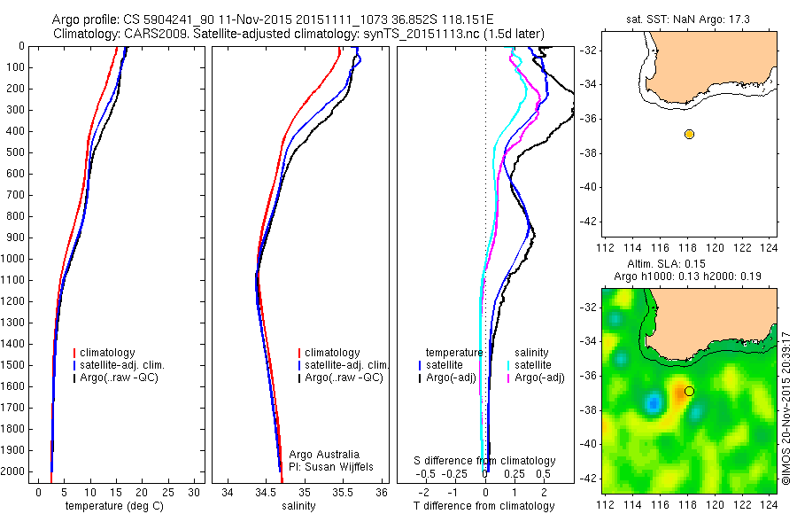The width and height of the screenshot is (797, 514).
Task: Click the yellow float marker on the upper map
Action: (x=689, y=134)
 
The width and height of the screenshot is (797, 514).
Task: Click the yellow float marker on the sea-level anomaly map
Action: (x=689, y=391)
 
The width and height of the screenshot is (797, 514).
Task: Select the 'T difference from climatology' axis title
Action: (x=485, y=506)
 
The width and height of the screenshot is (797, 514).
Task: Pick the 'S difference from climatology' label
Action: (x=485, y=461)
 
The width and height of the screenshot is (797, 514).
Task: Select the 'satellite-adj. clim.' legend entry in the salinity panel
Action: (x=346, y=365)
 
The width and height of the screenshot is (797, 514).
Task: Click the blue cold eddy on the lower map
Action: (x=654, y=403)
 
